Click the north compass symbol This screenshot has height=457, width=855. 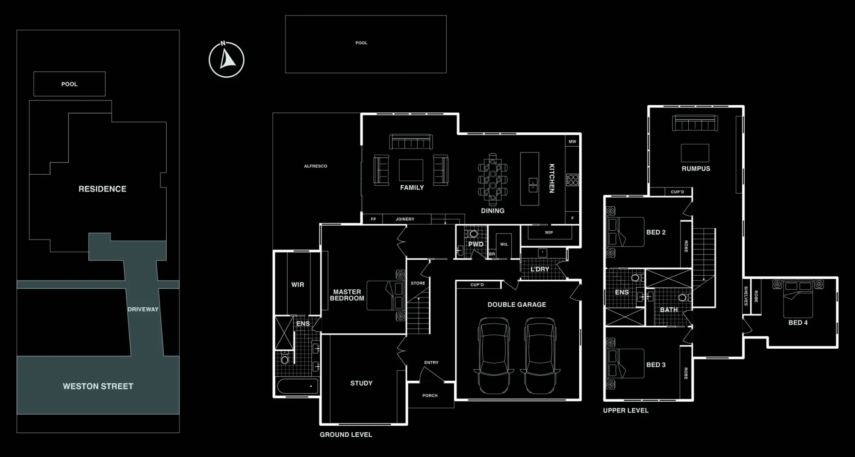click(x=226, y=59)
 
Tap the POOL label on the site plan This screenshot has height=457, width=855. click(x=69, y=84)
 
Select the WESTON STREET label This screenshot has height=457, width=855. click(x=98, y=386)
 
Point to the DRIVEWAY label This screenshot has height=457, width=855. click(x=143, y=309)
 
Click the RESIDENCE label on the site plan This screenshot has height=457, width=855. click(x=102, y=189)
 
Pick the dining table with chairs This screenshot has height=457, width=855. click(x=492, y=177)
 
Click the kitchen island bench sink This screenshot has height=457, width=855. click(x=533, y=185)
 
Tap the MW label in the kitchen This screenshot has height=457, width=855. click(x=572, y=142)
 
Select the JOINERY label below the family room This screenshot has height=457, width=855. click(x=405, y=219)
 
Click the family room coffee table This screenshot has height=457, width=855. click(x=411, y=170)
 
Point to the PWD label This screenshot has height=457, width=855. click(x=476, y=244)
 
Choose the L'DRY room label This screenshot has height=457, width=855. click(x=540, y=269)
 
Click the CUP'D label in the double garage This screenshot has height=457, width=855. click(x=477, y=285)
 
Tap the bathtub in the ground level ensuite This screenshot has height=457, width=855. click(x=298, y=386)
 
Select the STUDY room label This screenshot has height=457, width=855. click(x=361, y=383)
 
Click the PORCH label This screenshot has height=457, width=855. click(x=430, y=396)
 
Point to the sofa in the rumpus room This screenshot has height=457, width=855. click(x=695, y=123)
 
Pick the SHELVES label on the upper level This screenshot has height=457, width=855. click(x=746, y=296)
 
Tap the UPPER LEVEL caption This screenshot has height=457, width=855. click(x=625, y=410)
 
